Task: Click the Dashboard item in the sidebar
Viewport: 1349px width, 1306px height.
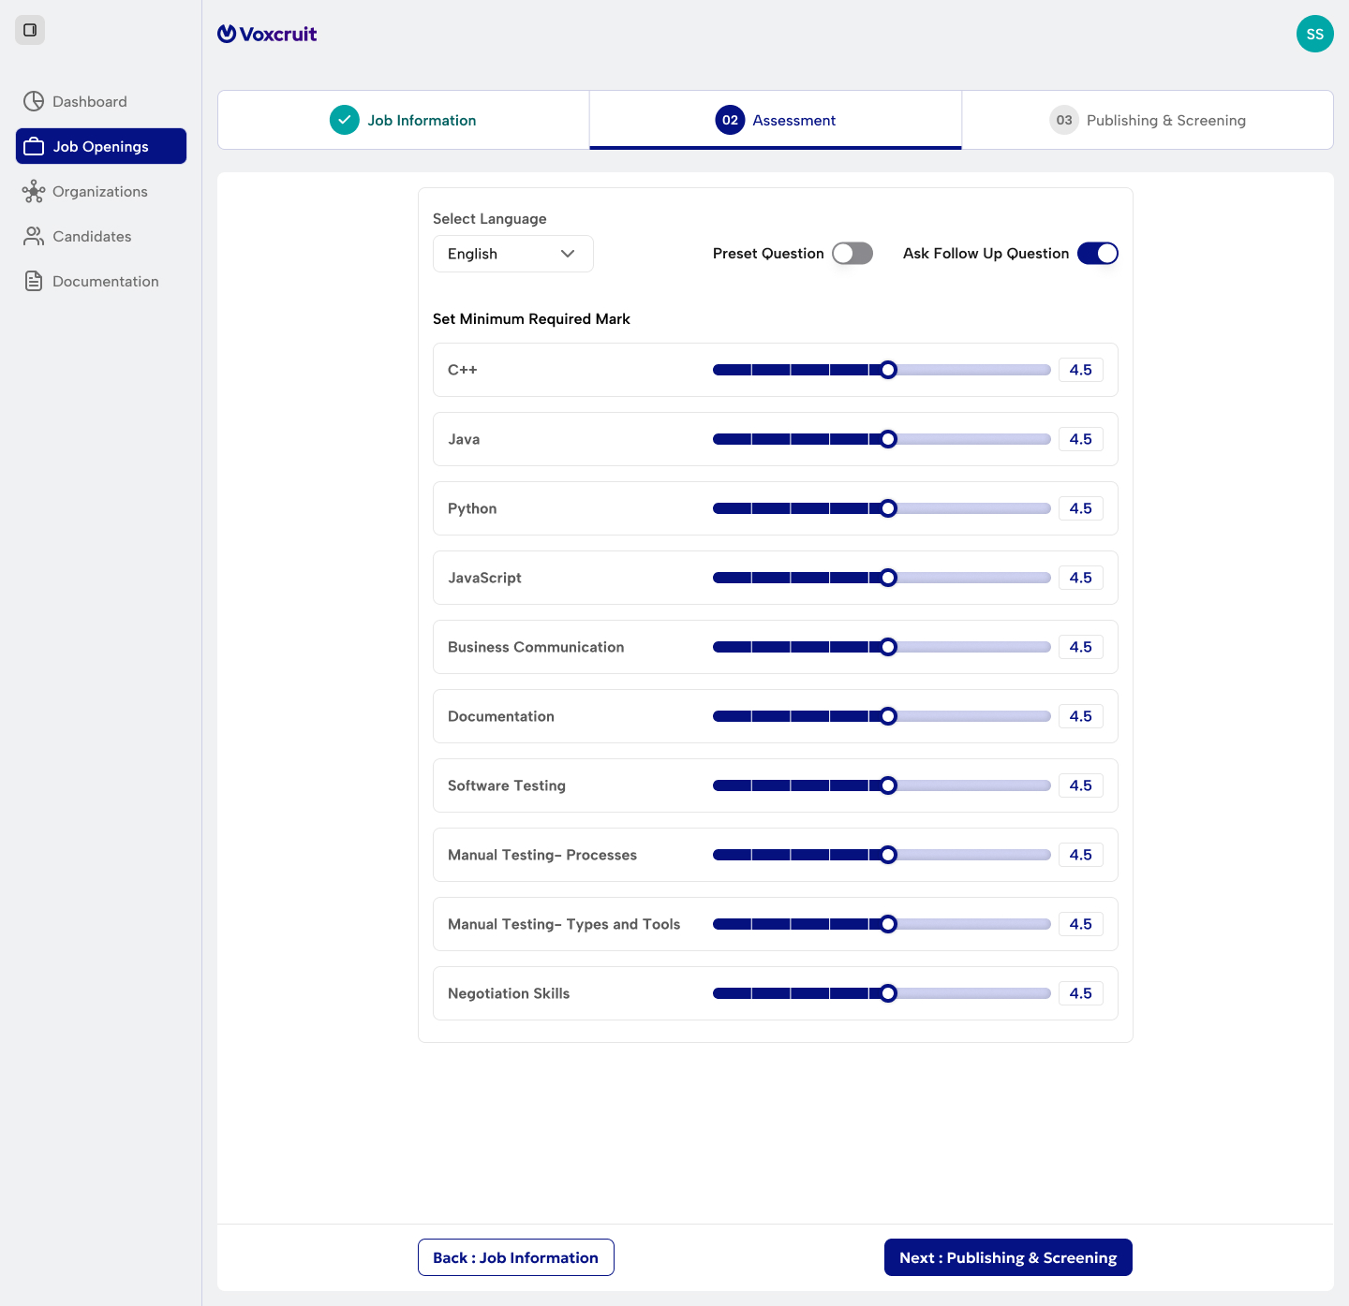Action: tap(75, 101)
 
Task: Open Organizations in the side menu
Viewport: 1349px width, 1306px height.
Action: tap(84, 191)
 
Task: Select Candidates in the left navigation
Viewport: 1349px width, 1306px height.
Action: tap(76, 236)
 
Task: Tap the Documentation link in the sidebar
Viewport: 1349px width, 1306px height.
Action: tap(90, 281)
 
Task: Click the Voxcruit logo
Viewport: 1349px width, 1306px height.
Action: tap(267, 34)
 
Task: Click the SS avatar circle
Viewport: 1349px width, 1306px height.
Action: tap(1314, 34)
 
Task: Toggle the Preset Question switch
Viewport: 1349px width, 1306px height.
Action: tap(852, 254)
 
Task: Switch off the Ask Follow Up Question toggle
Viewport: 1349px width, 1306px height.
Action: tap(1097, 254)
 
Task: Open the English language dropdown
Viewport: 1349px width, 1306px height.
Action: tap(513, 254)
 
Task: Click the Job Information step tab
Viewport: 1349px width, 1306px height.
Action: tap(404, 120)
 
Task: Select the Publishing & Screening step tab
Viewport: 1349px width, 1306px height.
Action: tap(1148, 120)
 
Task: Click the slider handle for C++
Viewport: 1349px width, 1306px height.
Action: tap(888, 370)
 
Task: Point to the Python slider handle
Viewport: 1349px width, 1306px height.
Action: tap(888, 508)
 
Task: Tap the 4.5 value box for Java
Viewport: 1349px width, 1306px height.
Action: tap(1081, 439)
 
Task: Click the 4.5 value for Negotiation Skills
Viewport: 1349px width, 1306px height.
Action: tap(1081, 993)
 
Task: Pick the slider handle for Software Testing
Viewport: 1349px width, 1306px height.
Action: tap(888, 785)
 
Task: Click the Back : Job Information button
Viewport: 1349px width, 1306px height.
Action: tap(516, 1257)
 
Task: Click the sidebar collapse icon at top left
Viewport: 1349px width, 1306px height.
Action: tap(30, 30)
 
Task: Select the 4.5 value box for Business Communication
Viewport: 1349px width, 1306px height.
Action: tap(1081, 647)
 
